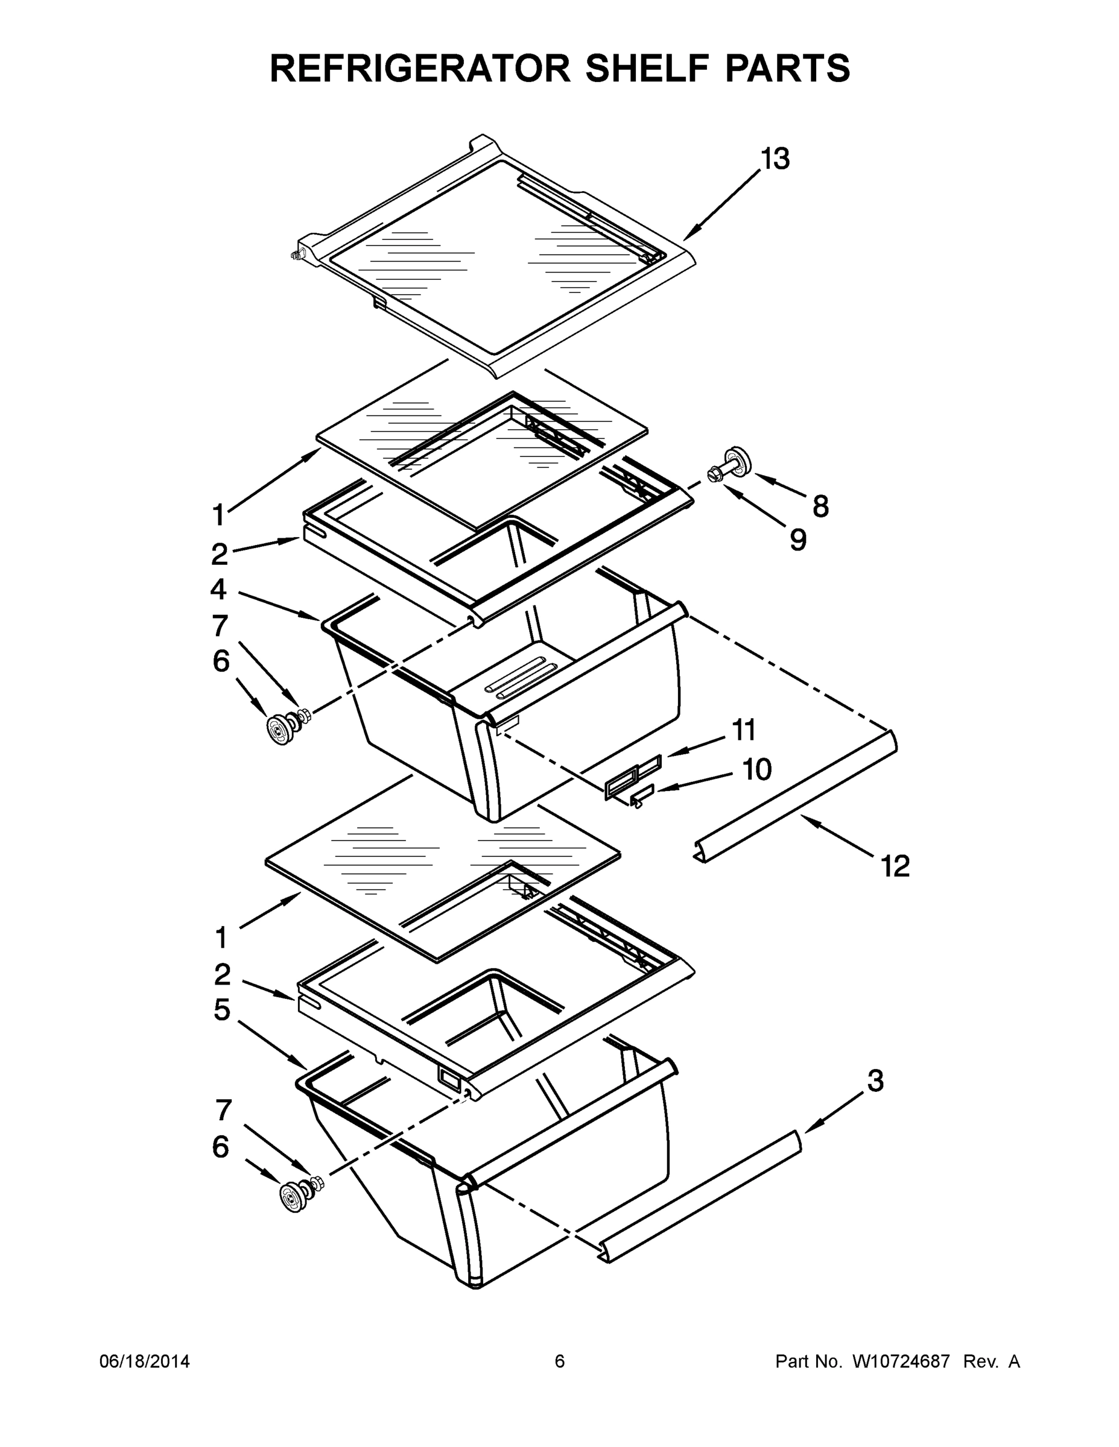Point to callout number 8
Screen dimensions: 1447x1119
820,507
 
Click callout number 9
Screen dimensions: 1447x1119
798,540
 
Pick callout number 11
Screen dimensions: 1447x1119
743,730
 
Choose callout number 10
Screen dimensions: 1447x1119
756,769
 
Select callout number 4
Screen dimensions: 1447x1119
218,589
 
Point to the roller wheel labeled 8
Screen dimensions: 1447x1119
738,461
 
